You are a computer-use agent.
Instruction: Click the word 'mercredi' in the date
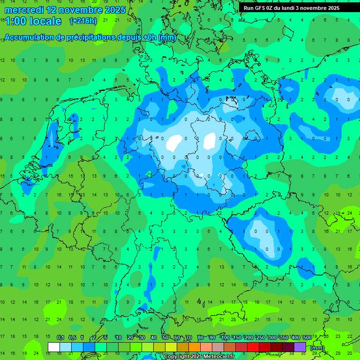(x=23, y=10)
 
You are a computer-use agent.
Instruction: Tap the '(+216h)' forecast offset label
(x=83, y=21)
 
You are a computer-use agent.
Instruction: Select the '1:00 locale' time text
(x=33, y=21)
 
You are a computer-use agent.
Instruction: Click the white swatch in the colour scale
(x=54, y=347)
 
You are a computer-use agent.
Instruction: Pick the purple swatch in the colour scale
(x=300, y=347)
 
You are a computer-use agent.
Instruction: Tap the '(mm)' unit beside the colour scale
(x=317, y=348)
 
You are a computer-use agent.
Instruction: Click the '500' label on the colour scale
(x=307, y=337)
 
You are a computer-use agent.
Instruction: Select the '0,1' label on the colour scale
(x=60, y=337)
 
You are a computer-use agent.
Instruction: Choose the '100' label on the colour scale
(x=225, y=337)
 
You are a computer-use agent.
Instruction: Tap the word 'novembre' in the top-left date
(x=80, y=10)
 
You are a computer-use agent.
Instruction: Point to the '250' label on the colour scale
(x=260, y=337)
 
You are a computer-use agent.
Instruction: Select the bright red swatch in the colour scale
(x=253, y=347)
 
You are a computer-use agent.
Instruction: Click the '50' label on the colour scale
(x=165, y=337)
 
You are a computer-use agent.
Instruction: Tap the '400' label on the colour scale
(x=295, y=337)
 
